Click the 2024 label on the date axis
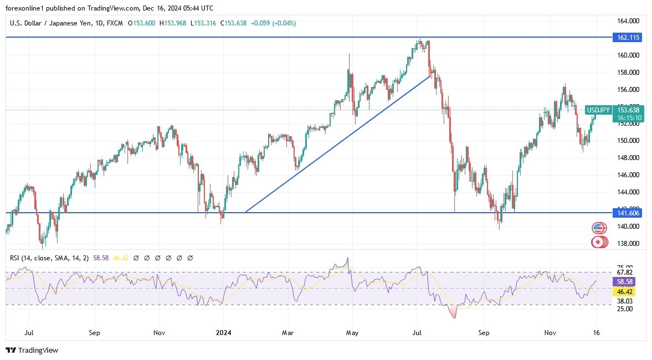(223, 333)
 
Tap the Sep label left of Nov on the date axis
(94, 333)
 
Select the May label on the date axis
(352, 333)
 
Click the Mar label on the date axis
(288, 333)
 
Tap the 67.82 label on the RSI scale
(624, 272)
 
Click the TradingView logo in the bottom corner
(32, 351)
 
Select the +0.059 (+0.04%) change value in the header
(273, 23)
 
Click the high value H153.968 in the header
(173, 23)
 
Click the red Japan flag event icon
(598, 241)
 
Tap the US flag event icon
(598, 228)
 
